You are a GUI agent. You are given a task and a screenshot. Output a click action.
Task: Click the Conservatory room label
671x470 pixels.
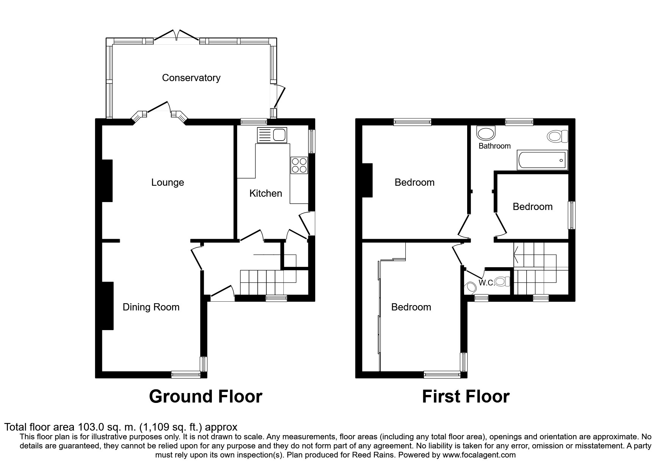pos(191,78)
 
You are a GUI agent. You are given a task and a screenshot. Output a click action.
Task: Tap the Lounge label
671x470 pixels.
pos(167,183)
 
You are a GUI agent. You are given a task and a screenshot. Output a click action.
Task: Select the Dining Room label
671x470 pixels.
pos(151,307)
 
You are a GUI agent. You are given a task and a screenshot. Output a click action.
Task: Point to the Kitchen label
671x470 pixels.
pos(266,193)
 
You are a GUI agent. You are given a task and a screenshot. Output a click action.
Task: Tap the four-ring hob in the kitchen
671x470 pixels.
pos(299,165)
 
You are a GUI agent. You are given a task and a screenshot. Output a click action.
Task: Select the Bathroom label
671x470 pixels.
pos(494,146)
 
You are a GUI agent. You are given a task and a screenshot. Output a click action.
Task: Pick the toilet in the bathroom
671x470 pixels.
pos(558,136)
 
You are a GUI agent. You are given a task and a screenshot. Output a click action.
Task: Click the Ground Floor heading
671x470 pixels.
pos(205,396)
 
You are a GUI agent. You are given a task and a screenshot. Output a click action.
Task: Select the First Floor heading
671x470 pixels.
pos(466,396)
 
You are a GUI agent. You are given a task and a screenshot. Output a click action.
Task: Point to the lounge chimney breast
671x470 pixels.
pos(107,180)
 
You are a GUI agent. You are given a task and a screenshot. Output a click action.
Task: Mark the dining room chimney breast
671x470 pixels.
pos(108,305)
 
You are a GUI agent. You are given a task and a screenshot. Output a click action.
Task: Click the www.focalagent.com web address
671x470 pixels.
pos(479,455)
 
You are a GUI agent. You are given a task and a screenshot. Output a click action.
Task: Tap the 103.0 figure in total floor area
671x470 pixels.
pos(91,427)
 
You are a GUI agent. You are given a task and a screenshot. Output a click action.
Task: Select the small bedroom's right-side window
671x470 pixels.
pos(572,215)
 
